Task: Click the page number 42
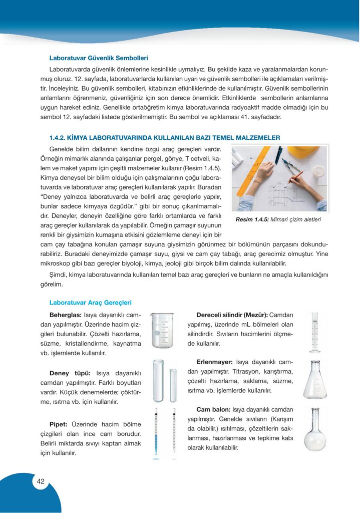pos(41,481)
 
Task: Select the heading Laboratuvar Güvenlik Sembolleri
pos(99,58)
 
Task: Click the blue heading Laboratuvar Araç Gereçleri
pos(90,303)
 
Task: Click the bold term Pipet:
pos(61,423)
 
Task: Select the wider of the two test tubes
pos(158,381)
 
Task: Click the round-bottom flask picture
pos(315,431)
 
